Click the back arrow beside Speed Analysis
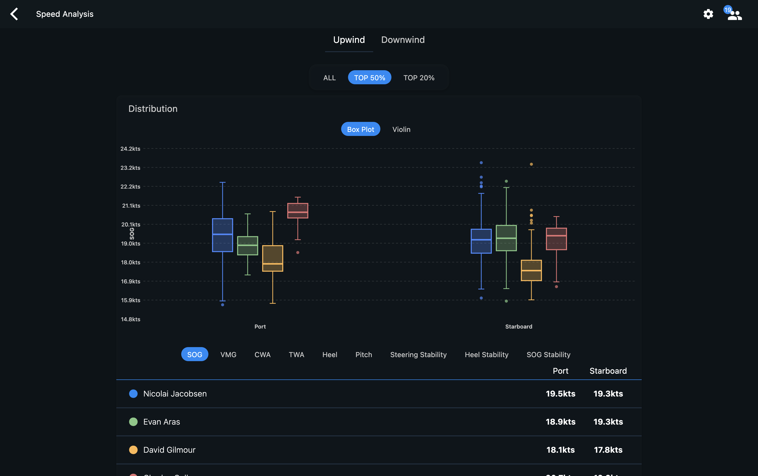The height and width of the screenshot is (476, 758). [x=14, y=14]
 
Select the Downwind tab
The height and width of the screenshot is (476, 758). [x=403, y=40]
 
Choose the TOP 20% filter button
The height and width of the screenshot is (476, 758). [x=419, y=78]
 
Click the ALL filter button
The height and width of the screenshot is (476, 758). [x=329, y=78]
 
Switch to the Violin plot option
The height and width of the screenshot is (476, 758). [x=401, y=129]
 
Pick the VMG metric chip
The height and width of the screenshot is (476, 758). [x=228, y=354]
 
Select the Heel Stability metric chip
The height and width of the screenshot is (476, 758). [x=487, y=354]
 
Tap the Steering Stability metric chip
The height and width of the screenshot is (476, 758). [x=418, y=354]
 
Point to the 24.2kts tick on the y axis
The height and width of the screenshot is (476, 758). [x=130, y=148]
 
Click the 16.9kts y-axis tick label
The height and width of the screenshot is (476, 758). [x=131, y=281]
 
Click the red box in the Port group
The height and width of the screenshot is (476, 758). [x=298, y=211]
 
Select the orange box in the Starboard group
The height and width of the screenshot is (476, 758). [x=531, y=270]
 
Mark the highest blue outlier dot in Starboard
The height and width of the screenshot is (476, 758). [x=481, y=163]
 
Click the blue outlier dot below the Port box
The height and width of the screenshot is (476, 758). [x=222, y=305]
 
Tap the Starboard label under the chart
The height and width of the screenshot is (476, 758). [x=519, y=327]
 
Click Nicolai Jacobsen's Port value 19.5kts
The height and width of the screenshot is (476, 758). [x=560, y=393]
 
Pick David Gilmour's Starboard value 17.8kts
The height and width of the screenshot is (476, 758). [x=608, y=450]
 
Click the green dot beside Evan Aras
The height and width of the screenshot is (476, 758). [x=133, y=422]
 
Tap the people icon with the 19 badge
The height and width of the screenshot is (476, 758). [x=734, y=15]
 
